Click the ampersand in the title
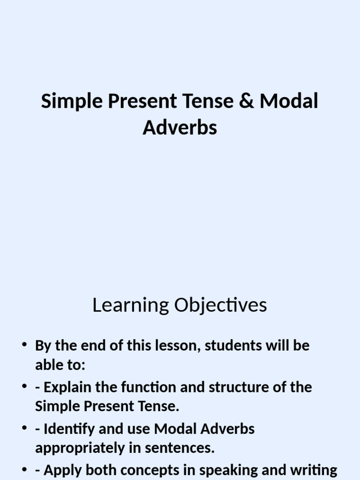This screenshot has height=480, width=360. (x=248, y=102)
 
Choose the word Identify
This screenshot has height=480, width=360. (x=65, y=428)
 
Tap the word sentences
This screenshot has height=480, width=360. (x=187, y=448)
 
